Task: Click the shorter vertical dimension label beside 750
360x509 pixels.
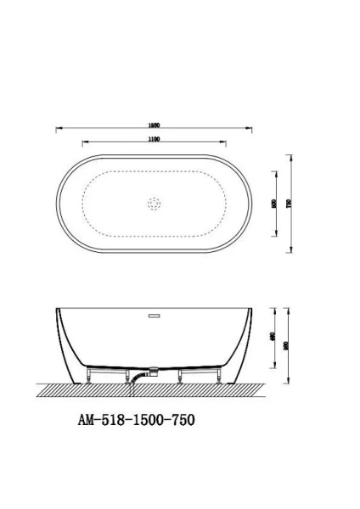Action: click(x=272, y=204)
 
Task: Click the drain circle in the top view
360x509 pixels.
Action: click(x=154, y=204)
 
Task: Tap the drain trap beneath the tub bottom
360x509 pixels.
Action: click(x=154, y=372)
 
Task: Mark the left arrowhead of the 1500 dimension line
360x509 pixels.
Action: click(x=58, y=129)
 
